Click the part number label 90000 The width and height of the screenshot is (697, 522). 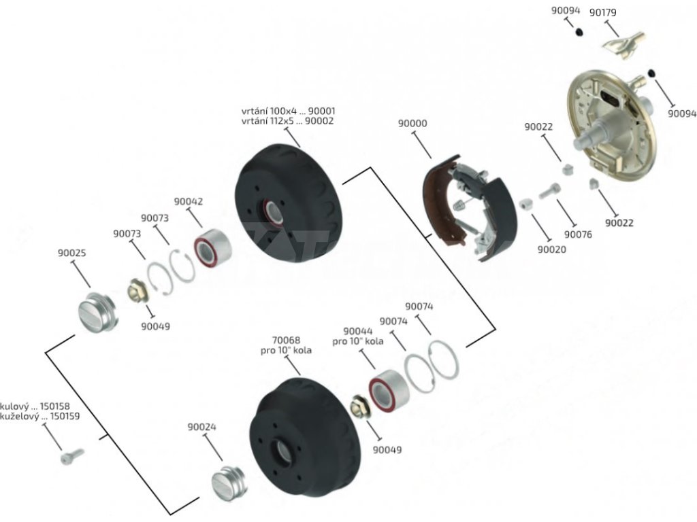pos(412,124)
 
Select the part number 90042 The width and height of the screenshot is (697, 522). pos(188,201)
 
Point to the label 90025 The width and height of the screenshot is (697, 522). pos(71,254)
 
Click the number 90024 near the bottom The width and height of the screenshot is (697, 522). pos(202,428)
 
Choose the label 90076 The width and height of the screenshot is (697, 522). pos(578,235)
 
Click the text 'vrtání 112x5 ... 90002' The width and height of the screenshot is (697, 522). pos(288,121)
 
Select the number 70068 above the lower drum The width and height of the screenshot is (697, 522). pos(285,341)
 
